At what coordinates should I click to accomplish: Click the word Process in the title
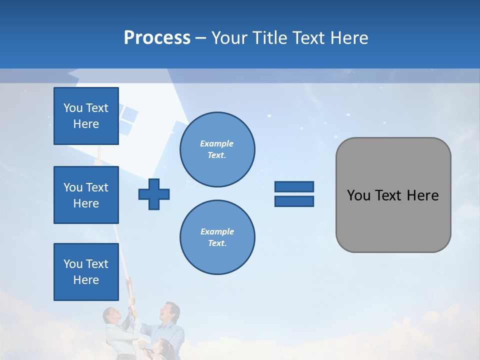click(157, 38)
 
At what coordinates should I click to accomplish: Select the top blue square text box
click(86, 116)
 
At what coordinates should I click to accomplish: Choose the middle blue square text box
click(86, 195)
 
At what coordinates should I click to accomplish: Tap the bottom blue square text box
click(86, 272)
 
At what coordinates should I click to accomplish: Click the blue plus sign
click(154, 194)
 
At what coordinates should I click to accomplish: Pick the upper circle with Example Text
click(217, 149)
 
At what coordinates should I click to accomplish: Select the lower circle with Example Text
click(217, 237)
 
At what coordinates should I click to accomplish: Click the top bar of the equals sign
click(294, 186)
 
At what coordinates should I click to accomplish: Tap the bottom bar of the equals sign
click(294, 201)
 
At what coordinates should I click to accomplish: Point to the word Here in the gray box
click(422, 195)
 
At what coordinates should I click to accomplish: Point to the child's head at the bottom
click(163, 348)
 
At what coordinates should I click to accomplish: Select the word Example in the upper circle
click(217, 143)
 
